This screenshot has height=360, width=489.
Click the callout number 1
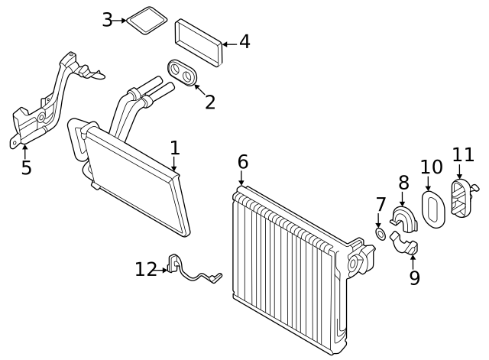pyautogui.click(x=175, y=148)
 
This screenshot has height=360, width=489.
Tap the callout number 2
pyautogui.click(x=209, y=102)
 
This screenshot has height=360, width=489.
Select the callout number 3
pyautogui.click(x=108, y=20)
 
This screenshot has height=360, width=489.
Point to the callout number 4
pyautogui.click(x=244, y=42)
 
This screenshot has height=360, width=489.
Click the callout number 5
pyautogui.click(x=26, y=168)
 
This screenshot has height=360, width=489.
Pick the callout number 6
pyautogui.click(x=242, y=162)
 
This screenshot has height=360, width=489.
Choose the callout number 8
pyautogui.click(x=403, y=183)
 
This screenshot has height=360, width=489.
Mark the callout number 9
pyautogui.click(x=414, y=277)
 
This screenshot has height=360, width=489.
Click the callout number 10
pyautogui.click(x=431, y=167)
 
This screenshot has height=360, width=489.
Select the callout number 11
pyautogui.click(x=463, y=155)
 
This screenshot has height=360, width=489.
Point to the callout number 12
pyautogui.click(x=145, y=269)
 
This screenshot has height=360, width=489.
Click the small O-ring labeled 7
pyautogui.click(x=380, y=232)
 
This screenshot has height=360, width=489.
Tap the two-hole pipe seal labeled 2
pyautogui.click(x=183, y=73)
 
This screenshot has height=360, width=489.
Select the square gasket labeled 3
pyautogui.click(x=146, y=20)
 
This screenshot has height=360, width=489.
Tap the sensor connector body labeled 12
pyautogui.click(x=174, y=264)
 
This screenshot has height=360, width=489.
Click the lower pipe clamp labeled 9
pyautogui.click(x=405, y=246)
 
